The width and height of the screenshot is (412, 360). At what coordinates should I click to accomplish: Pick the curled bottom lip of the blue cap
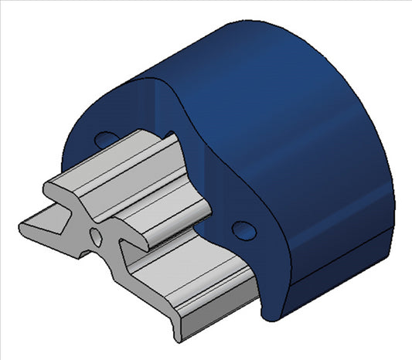click(x=271, y=311)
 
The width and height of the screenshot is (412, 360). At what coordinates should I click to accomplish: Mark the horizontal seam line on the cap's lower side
click(x=340, y=263)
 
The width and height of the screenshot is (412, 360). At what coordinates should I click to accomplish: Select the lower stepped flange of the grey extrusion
click(x=209, y=294)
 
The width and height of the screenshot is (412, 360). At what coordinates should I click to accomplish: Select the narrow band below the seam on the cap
click(x=340, y=274)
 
